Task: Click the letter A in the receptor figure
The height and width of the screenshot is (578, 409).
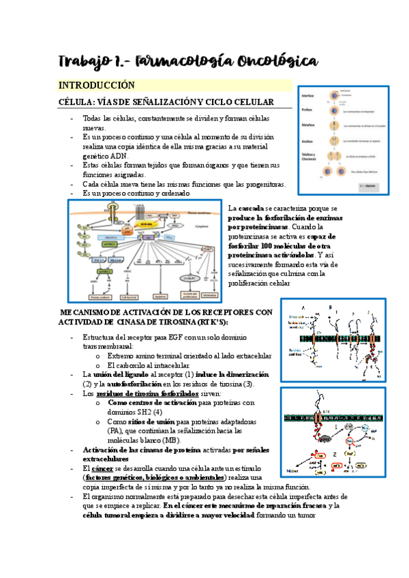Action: (x=303, y=307)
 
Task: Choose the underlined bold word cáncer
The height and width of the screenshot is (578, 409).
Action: (x=101, y=469)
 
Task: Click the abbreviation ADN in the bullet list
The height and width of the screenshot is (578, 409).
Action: (x=119, y=155)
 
